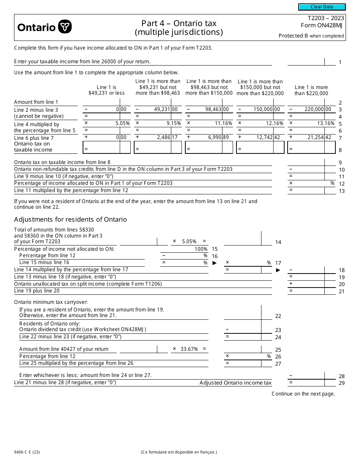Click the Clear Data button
(x=322, y=7)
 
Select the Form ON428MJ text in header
(x=322, y=26)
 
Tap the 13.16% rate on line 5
(x=326, y=123)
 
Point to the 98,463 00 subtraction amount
(x=218, y=109)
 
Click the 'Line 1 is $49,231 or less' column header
(x=106, y=90)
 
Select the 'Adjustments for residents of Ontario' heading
(x=70, y=219)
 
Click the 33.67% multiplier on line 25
(x=190, y=349)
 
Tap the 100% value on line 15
(x=201, y=249)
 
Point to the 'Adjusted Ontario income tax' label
(x=235, y=383)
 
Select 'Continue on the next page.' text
(x=303, y=394)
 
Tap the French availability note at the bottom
(x=178, y=452)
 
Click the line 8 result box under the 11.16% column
(x=209, y=147)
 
